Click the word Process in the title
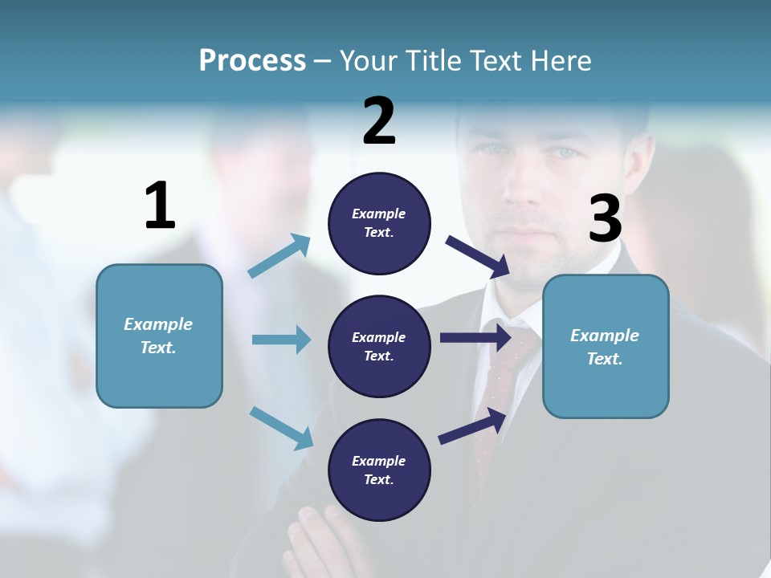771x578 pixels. coord(252,61)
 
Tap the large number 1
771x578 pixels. coord(160,206)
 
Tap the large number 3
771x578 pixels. coord(605,219)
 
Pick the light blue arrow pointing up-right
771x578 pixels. coord(279,256)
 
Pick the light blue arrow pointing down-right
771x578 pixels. coord(281,427)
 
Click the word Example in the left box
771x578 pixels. coord(158,324)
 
